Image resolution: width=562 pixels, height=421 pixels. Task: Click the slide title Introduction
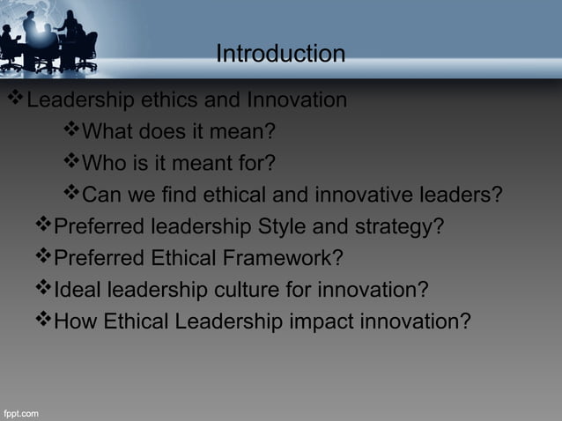(280, 55)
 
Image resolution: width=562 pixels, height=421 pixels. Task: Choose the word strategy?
(398, 226)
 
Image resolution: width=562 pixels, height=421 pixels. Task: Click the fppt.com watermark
(20, 413)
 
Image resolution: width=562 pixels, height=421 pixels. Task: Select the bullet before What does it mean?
(70, 131)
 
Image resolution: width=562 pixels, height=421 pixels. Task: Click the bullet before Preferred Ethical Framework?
(43, 257)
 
